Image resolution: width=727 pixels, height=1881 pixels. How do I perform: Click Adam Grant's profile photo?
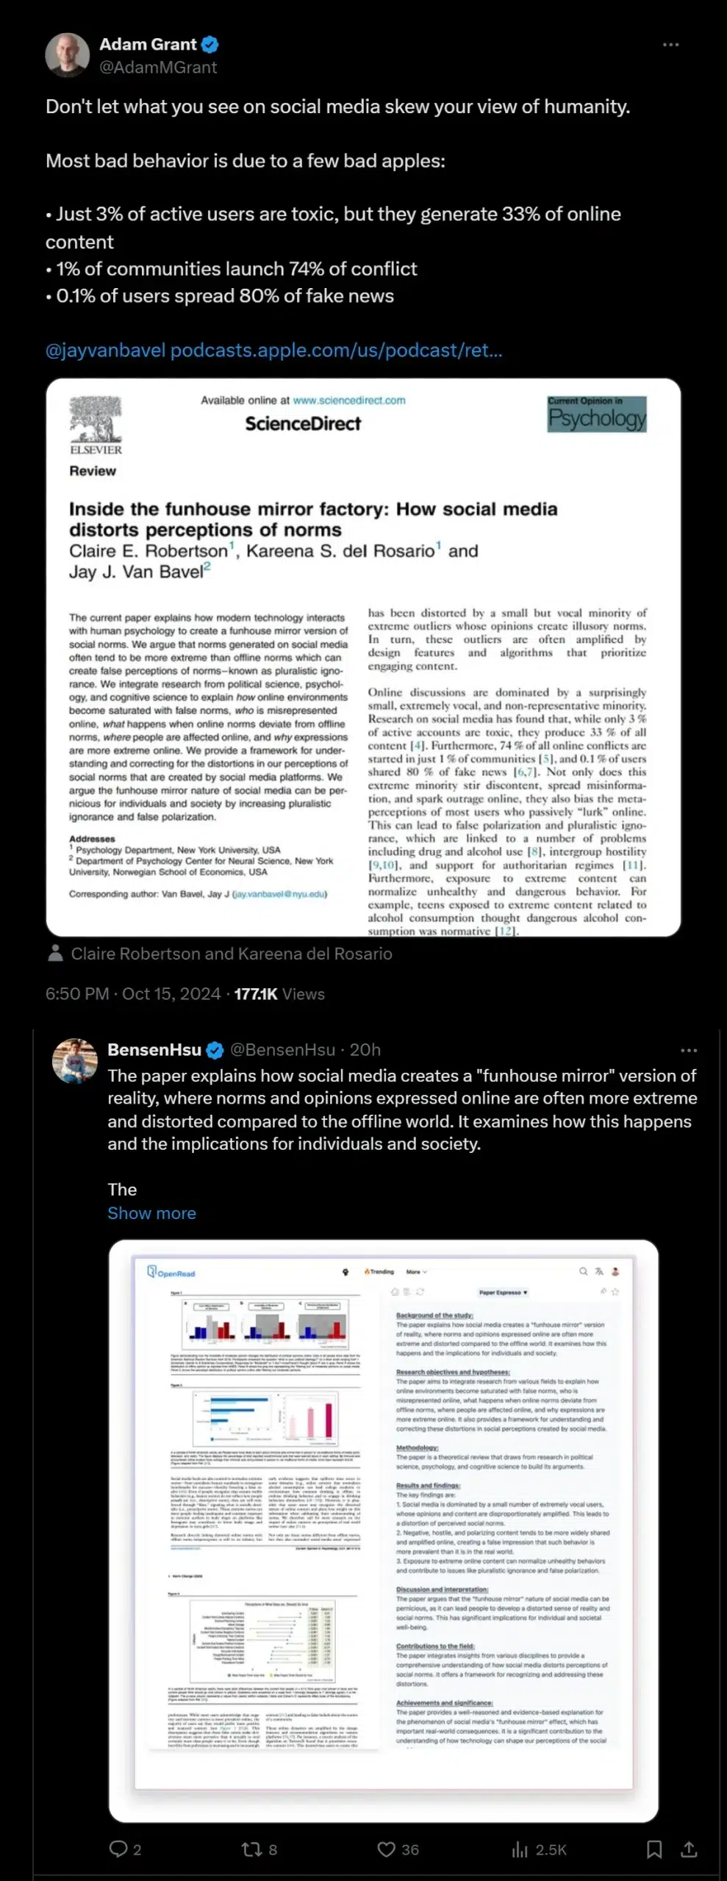pos(68,55)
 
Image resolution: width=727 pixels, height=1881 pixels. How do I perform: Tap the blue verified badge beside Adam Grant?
pos(210,45)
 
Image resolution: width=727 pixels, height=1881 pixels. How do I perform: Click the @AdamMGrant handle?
pos(158,68)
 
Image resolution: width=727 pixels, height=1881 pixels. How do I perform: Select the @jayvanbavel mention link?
pos(105,350)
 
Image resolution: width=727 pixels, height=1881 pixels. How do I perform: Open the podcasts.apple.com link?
pos(337,350)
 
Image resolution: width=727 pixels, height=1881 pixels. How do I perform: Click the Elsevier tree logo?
pos(96,420)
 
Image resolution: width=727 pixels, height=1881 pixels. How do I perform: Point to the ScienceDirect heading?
pos(303,424)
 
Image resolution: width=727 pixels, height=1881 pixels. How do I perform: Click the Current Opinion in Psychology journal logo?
pos(597,414)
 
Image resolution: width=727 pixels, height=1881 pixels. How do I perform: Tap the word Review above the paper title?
pos(93,471)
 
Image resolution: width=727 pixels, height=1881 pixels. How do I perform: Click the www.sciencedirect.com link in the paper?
pos(349,400)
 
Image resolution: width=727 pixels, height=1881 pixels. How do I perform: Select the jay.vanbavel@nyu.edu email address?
pos(279,894)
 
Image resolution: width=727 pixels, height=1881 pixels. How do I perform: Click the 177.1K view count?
pos(256,994)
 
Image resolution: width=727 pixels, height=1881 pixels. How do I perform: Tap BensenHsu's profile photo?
pos(75,1061)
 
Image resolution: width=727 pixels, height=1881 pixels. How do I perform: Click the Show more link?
pos(151,1213)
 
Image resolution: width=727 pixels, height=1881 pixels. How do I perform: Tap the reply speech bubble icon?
pos(118,1849)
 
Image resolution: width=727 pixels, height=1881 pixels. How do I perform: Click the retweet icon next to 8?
pos(251,1849)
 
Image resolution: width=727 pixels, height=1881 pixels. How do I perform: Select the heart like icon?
pos(386,1849)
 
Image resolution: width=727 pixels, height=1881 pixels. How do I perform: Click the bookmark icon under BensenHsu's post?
pos(654,1849)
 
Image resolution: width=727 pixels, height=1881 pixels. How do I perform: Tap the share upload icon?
pos(689,1849)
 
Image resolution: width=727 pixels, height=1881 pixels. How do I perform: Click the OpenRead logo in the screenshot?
pos(171,1272)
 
